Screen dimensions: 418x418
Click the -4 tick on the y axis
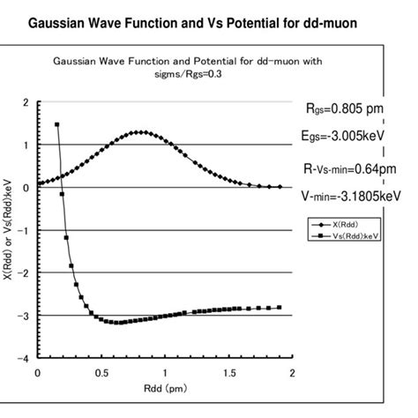25,358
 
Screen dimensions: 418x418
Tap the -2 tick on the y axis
25,272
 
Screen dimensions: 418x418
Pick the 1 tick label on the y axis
27,145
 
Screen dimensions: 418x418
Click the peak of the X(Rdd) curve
138,132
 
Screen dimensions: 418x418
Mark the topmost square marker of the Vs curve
56,124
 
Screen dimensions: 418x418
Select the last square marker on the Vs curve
280,308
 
